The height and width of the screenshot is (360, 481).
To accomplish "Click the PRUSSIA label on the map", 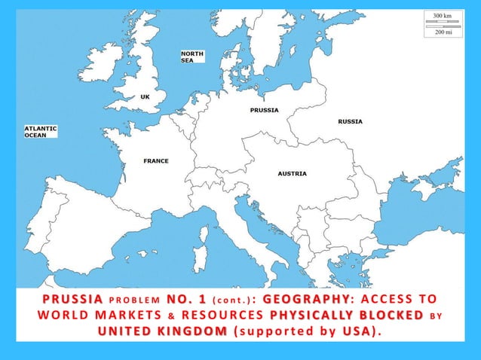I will pos(264,110).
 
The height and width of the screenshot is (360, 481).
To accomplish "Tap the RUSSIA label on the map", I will pos(350,121).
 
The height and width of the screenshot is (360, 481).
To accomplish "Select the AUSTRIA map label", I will pos(292,174).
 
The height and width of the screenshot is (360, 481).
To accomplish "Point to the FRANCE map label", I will pos(156,161).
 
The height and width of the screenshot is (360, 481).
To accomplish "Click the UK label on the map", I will pos(145,96).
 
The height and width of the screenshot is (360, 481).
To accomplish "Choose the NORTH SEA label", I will pos(192,56).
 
